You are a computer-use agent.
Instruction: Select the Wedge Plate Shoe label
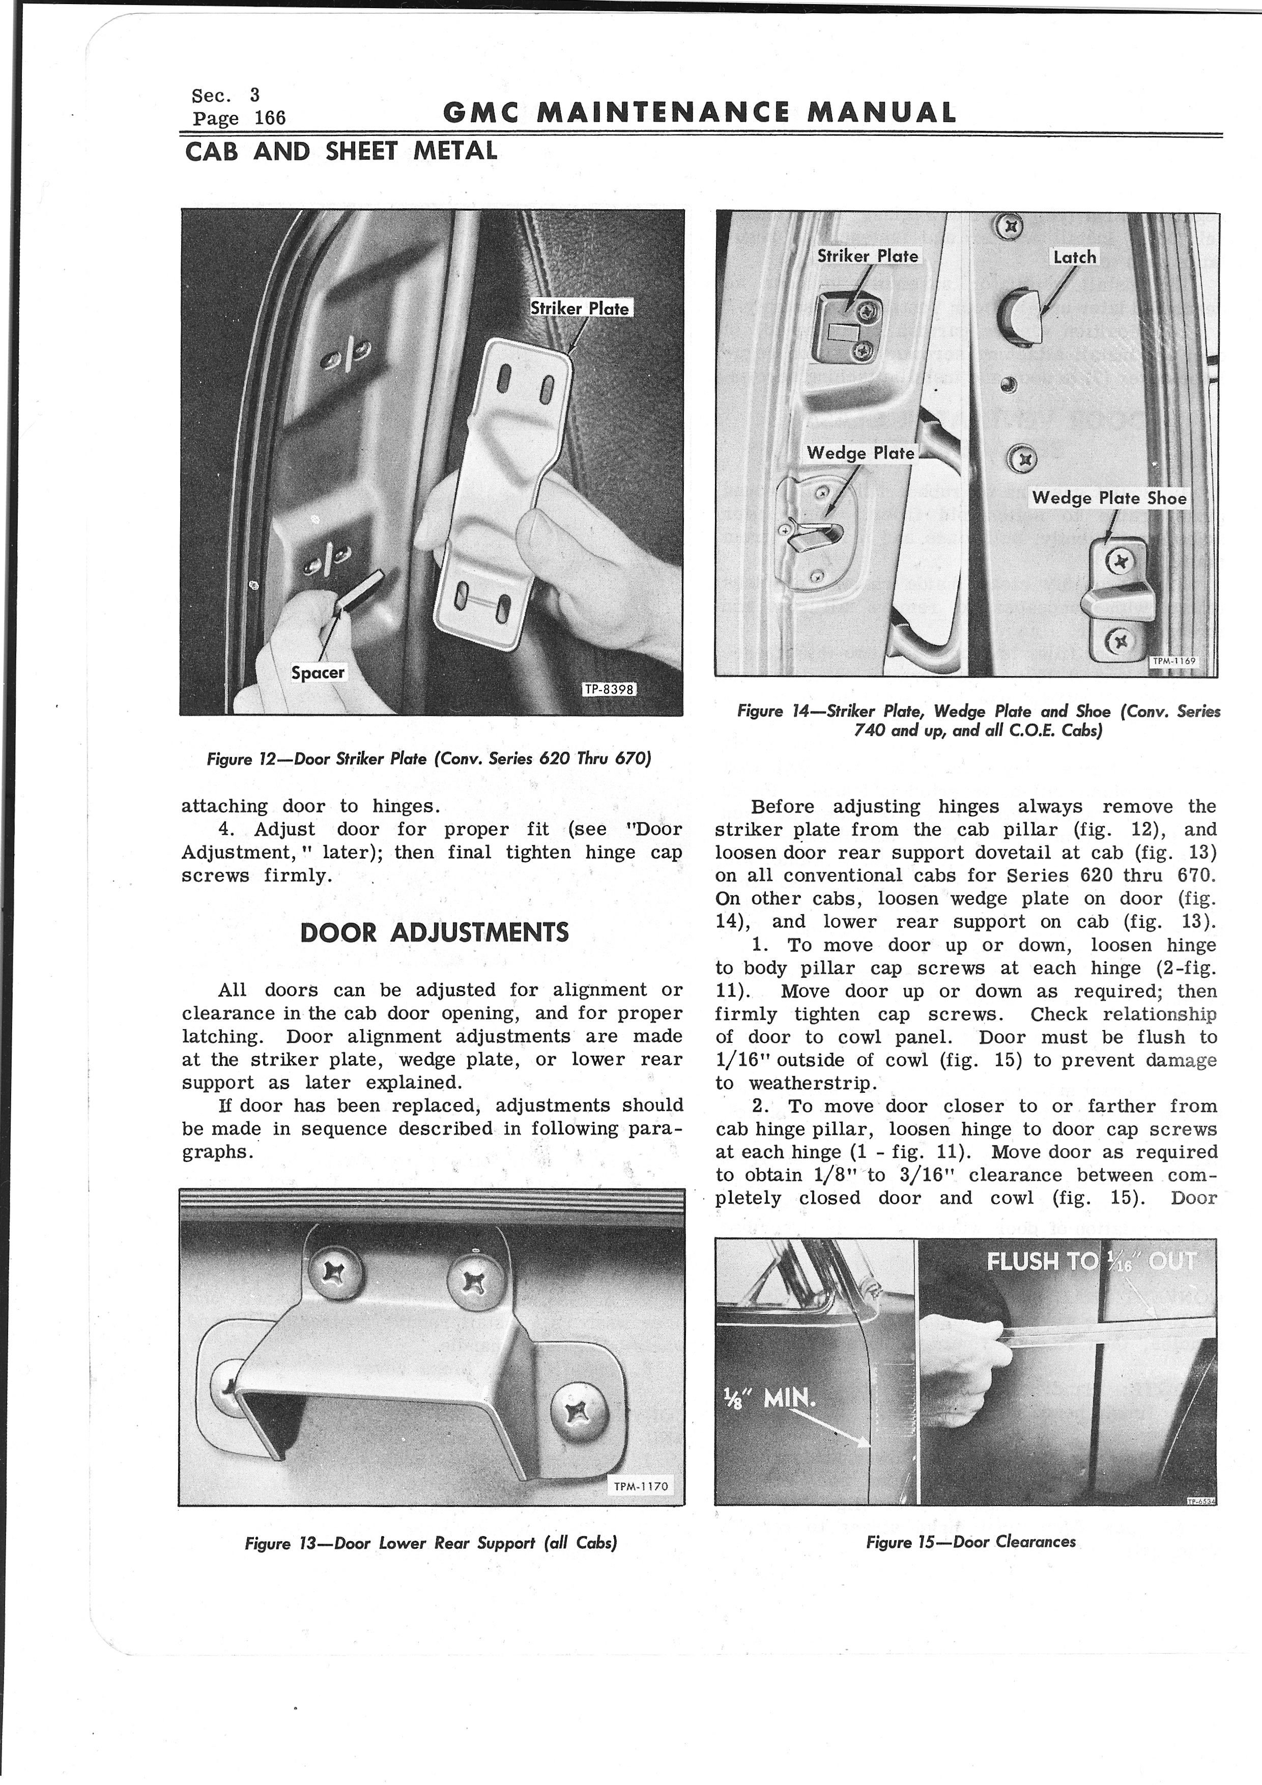click(1109, 498)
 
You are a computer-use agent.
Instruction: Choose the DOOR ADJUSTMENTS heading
click(435, 932)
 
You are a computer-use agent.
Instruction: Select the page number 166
click(270, 118)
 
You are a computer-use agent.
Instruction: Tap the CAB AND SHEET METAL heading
click(341, 151)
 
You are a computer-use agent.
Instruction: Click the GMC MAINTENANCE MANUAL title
click(699, 114)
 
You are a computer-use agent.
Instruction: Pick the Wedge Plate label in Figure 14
click(860, 452)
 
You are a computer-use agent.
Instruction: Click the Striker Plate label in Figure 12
click(580, 308)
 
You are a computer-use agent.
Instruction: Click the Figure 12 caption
click(428, 759)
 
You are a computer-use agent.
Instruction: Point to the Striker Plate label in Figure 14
click(867, 256)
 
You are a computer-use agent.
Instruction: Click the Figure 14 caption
click(979, 721)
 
